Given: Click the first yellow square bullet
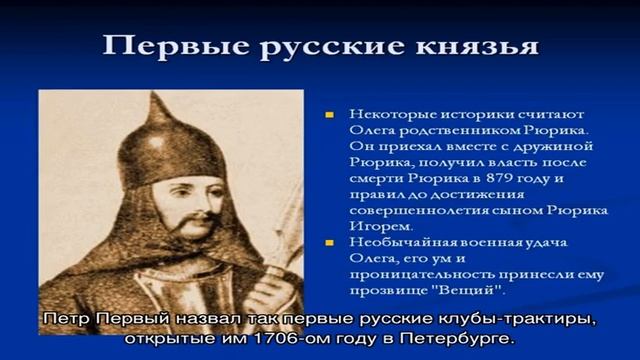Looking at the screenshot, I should tap(330, 114).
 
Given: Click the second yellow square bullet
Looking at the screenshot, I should tap(330, 243).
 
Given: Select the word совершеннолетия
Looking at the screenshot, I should tap(409, 211).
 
